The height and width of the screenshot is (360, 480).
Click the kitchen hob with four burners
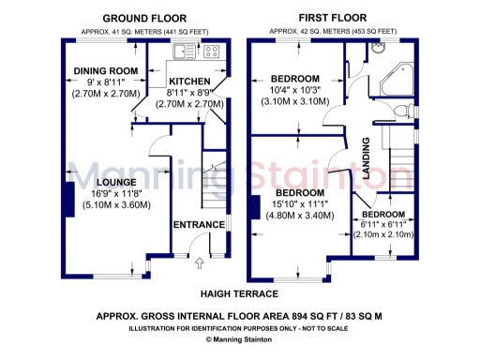212,52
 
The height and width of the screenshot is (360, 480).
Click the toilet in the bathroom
404,112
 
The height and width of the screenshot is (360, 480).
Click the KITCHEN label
188,82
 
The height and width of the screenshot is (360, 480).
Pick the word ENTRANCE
198,225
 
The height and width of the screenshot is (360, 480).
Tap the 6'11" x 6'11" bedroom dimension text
384,224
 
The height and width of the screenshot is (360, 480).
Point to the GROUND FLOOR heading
144,18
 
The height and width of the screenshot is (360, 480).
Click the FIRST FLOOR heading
333,18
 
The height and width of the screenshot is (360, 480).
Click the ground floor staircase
217,187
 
